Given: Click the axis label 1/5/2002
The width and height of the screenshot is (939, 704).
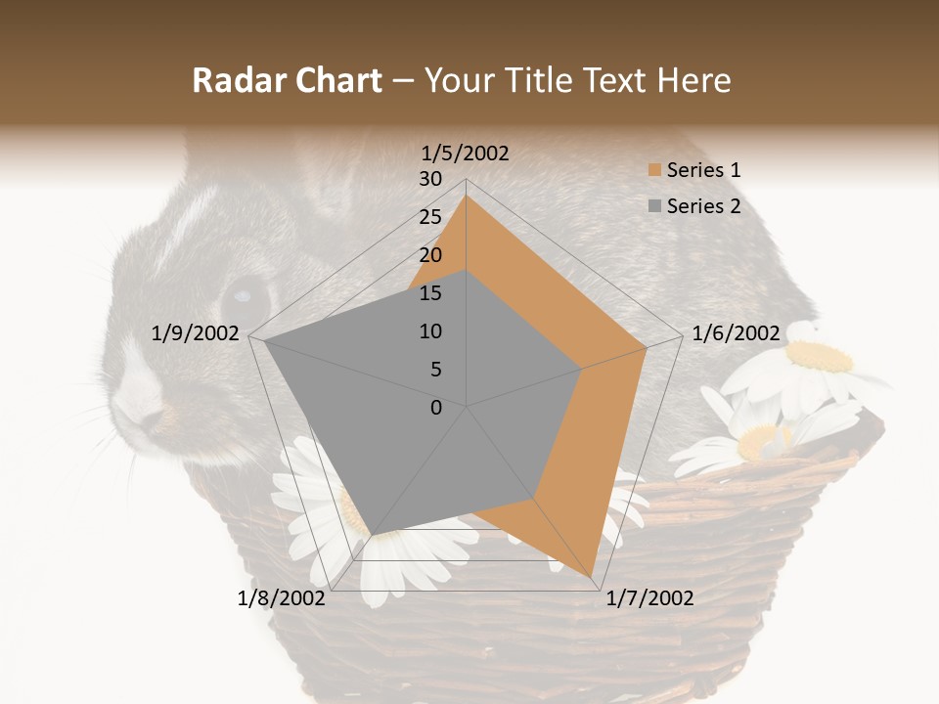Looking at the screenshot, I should point(466,154).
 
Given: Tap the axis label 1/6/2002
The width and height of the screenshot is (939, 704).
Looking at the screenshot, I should point(736,333).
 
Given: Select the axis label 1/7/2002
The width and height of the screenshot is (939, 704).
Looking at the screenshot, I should point(649,597).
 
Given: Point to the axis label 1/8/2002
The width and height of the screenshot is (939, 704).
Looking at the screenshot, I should point(282,597).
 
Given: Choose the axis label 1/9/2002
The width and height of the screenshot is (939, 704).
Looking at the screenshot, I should point(196,333).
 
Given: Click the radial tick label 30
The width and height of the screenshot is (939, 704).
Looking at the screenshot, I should point(430,179).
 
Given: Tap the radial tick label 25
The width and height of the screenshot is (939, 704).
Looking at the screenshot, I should point(430,217).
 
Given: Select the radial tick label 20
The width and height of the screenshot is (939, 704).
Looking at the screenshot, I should point(430,255).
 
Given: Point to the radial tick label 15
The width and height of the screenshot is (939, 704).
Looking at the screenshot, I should point(430,293).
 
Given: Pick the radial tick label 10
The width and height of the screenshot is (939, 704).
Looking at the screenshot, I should point(430,331).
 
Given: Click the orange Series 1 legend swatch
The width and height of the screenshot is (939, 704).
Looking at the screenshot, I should point(654,171).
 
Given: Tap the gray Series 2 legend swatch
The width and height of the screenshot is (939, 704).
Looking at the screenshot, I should point(654,206).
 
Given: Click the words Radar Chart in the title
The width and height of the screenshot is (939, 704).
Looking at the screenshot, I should point(287,81).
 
